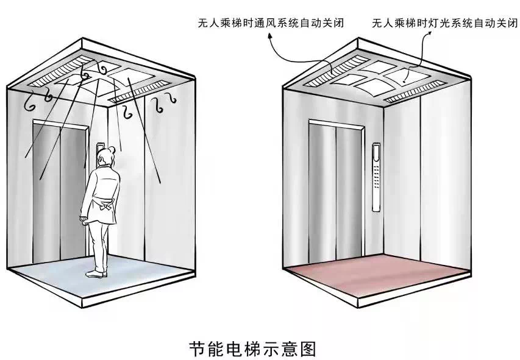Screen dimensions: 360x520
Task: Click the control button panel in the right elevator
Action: [x=377, y=177]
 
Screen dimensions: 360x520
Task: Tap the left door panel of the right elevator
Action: [x=323, y=189]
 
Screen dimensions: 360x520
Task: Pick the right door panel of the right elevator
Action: [x=350, y=189]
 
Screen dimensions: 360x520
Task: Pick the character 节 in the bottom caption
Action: [x=196, y=348]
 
